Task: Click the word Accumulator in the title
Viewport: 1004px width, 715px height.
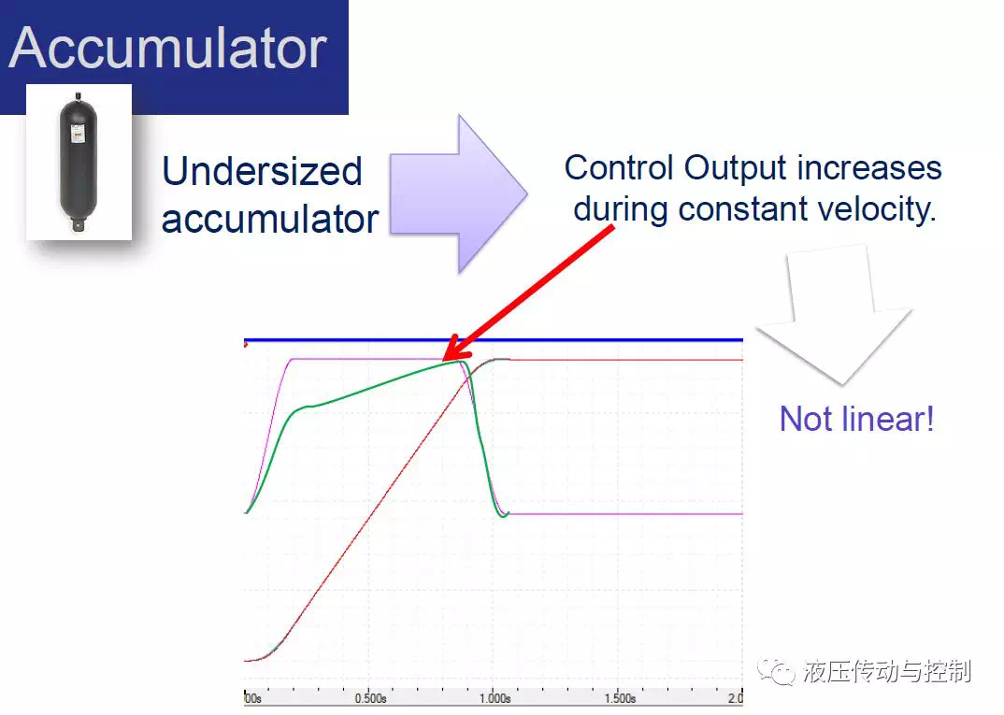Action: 167,48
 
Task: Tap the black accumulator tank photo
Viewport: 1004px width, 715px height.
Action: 79,162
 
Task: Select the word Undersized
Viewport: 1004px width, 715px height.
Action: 262,172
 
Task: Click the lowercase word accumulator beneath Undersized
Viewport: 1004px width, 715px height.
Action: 269,219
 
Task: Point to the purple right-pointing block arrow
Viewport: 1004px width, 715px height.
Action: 458,194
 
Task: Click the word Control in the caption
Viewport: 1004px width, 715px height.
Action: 619,167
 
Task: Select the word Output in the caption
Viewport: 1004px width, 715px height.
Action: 735,169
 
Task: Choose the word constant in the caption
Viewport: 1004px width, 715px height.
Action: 743,209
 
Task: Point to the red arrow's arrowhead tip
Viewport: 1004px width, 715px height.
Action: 444,361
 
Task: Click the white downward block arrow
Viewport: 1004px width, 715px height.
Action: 834,315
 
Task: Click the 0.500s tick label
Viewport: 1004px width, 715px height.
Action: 371,698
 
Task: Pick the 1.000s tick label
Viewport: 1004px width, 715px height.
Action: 495,698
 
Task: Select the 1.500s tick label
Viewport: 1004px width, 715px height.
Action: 620,698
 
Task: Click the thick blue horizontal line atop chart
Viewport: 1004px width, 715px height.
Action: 494,340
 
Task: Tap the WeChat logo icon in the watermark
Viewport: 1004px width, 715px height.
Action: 776,671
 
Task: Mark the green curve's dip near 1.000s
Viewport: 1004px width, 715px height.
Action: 503,516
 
